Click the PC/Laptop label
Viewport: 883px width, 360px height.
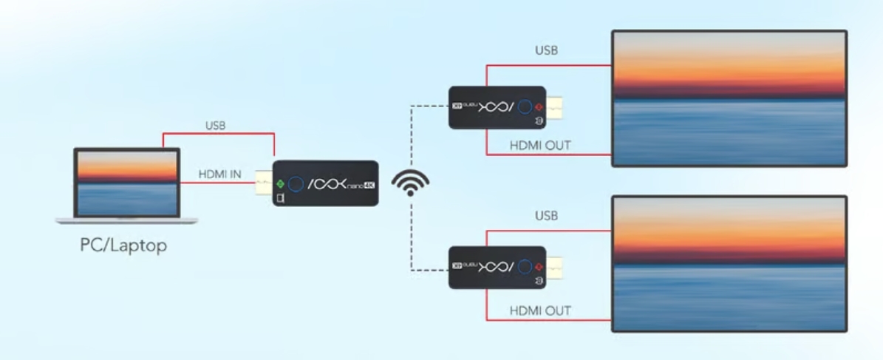point(123,246)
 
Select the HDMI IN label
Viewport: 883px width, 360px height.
point(219,174)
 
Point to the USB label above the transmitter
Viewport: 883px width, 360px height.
point(216,126)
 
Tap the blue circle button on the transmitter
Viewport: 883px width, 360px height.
point(296,183)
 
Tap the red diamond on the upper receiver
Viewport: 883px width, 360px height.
point(539,106)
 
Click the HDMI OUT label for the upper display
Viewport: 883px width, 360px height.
point(540,145)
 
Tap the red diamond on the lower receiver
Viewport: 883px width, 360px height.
point(539,266)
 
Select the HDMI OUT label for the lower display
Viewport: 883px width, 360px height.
point(540,310)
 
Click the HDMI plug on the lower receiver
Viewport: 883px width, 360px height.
point(556,266)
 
